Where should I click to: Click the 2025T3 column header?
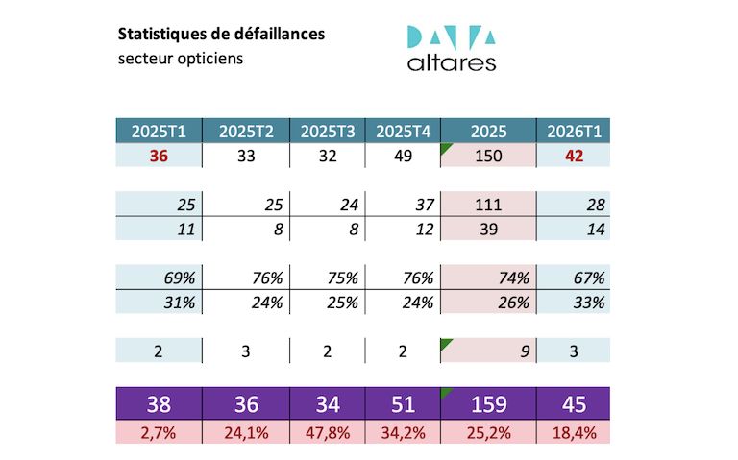pyautogui.click(x=328, y=132)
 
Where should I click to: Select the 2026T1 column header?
pyautogui.click(x=574, y=132)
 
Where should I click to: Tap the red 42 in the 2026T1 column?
pyautogui.click(x=574, y=157)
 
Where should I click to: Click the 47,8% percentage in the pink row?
pyautogui.click(x=328, y=432)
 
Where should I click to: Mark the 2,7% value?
pyautogui.click(x=160, y=432)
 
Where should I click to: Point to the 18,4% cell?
pyautogui.click(x=574, y=432)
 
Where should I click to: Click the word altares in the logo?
pyautogui.click(x=452, y=63)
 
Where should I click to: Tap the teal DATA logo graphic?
pyautogui.click(x=452, y=36)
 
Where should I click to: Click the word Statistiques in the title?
pyautogui.click(x=160, y=34)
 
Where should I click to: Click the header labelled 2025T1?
pyautogui.click(x=160, y=132)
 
